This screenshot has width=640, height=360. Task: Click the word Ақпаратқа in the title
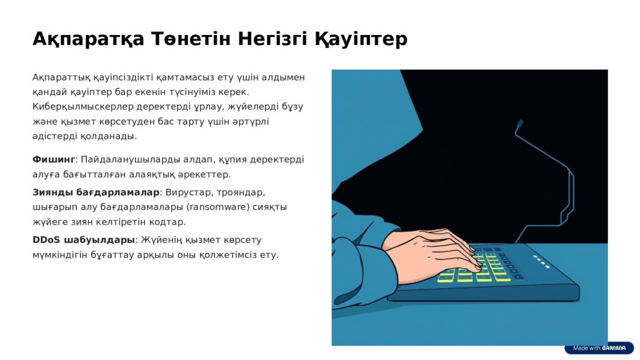tap(89, 39)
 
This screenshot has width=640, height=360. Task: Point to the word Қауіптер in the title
tap(361, 39)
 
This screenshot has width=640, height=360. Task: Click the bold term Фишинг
tap(54, 159)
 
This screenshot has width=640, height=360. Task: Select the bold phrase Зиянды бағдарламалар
tap(96, 192)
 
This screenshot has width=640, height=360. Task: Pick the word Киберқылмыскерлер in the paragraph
tap(83, 107)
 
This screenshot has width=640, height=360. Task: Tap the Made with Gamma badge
tap(599, 348)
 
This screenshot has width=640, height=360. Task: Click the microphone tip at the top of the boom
tap(519, 123)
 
